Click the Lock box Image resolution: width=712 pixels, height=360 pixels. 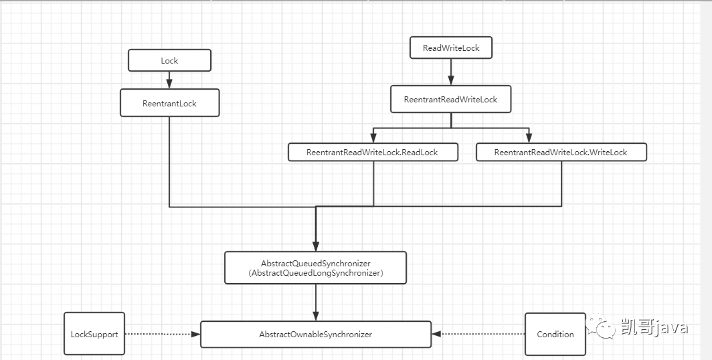169,60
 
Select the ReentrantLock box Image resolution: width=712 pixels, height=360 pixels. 169,103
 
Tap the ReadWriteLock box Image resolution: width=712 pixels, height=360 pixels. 451,48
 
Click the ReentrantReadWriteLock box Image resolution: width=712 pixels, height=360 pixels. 451,99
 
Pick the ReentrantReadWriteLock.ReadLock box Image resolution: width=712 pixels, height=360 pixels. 373,152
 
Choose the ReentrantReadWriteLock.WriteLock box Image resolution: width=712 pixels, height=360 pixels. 561,152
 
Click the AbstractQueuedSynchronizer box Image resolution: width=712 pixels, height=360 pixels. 316,268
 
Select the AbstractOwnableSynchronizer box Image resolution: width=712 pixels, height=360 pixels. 316,334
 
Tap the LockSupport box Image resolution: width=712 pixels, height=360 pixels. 94,334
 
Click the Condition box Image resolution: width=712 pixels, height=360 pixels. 555,334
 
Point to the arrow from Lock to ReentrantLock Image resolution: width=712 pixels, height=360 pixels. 169,80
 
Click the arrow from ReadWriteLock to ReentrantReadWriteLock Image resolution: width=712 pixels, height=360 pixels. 451,72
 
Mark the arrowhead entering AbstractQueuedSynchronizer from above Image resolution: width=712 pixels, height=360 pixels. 316,246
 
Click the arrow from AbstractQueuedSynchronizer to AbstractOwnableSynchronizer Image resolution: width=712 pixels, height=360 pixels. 316,302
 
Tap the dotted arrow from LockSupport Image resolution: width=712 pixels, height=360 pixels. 163,334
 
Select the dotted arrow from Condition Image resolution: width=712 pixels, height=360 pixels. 478,334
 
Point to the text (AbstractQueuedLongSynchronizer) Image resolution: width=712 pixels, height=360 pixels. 316,273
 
